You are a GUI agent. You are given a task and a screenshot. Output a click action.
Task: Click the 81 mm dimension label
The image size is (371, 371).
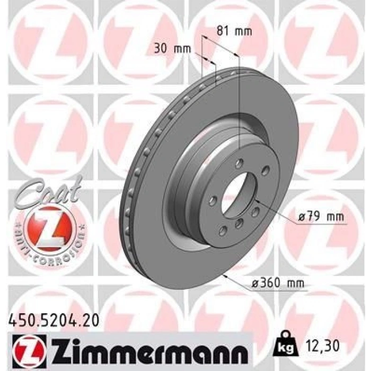(x=233, y=31)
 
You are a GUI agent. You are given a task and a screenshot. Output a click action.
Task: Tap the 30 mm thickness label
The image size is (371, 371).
(x=172, y=49)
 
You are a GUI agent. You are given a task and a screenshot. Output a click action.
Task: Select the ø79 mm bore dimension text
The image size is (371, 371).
(x=320, y=217)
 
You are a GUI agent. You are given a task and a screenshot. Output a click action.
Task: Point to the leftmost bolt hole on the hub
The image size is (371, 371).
(x=213, y=200)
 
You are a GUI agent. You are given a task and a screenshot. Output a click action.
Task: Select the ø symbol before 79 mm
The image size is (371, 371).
(x=300, y=217)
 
